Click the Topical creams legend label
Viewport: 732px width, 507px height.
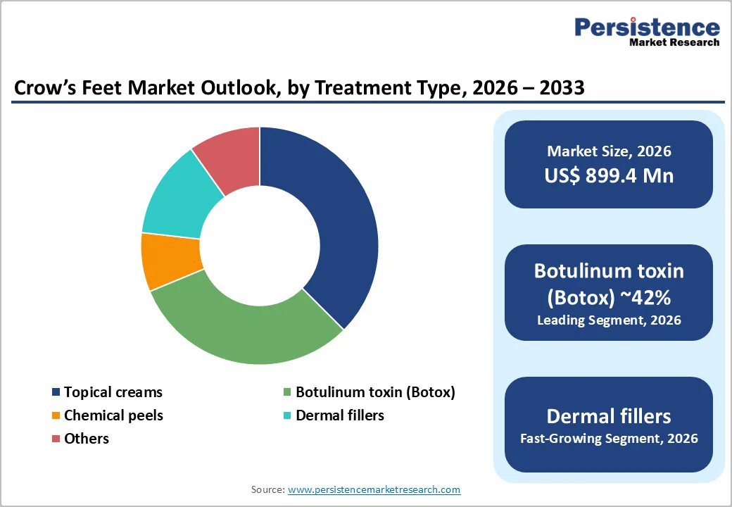pyautogui.click(x=113, y=392)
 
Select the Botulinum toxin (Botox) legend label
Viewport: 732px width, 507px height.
pyautogui.click(x=375, y=392)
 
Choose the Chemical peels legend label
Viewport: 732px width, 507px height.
pyautogui.click(x=113, y=415)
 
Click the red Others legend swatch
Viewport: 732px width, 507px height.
pyautogui.click(x=55, y=439)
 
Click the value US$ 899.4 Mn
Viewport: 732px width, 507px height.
pyautogui.click(x=609, y=175)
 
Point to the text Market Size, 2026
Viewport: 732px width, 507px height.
pyautogui.click(x=609, y=151)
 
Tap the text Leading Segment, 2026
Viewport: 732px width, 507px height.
pyautogui.click(x=609, y=320)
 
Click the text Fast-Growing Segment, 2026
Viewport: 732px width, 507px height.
pyautogui.click(x=609, y=439)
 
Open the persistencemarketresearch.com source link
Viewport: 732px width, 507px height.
pyautogui.click(x=374, y=489)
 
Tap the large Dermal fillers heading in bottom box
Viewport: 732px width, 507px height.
pyautogui.click(x=609, y=415)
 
